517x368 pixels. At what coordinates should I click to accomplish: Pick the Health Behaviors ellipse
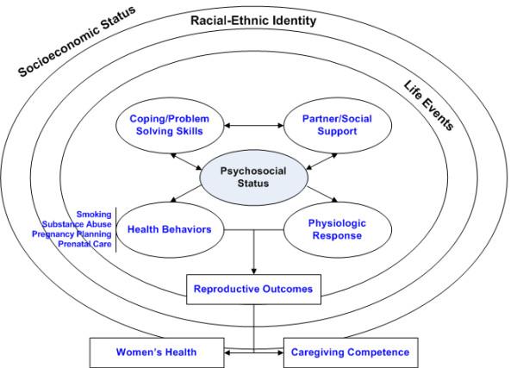pyautogui.click(x=170, y=229)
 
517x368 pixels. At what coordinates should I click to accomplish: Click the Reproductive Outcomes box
pyautogui.click(x=252, y=289)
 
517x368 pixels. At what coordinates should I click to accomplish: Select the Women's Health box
pyautogui.click(x=156, y=352)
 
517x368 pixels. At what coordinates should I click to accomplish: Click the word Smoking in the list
pyautogui.click(x=93, y=214)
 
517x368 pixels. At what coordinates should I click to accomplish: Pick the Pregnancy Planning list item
pyautogui.click(x=72, y=234)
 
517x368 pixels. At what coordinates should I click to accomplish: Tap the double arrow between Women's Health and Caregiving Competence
pyautogui.click(x=253, y=352)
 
